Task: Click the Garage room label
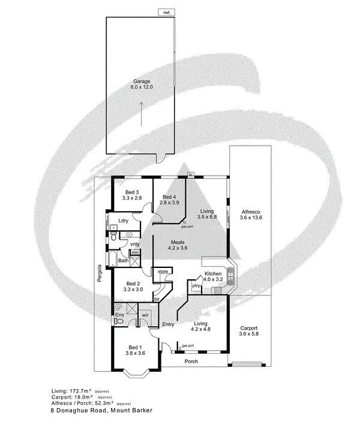point(142,82)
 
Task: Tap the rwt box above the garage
point(164,12)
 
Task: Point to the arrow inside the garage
point(142,113)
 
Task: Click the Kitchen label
point(214,274)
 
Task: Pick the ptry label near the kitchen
point(196,286)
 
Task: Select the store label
point(163,272)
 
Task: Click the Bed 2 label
point(133,284)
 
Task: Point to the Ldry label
point(124,221)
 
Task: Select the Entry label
point(168,324)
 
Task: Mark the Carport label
point(248,328)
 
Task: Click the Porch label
point(191,361)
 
